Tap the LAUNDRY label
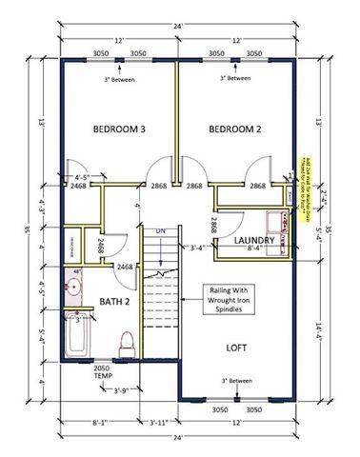click(x=256, y=242)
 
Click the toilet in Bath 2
click(x=126, y=341)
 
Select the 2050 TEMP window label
click(x=102, y=370)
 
